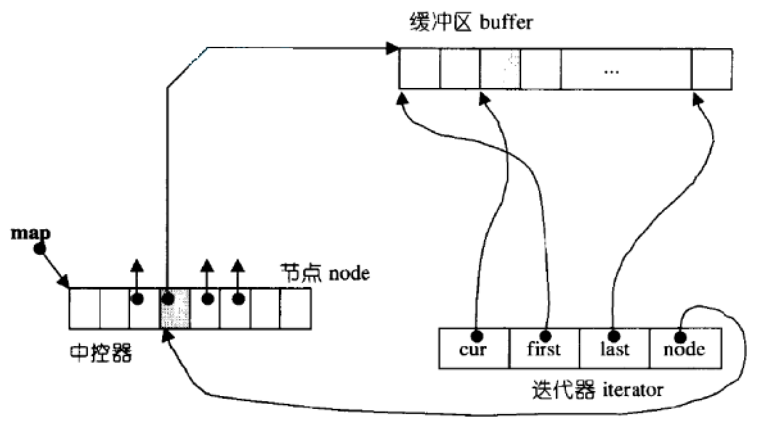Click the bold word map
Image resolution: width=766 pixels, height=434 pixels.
click(31, 232)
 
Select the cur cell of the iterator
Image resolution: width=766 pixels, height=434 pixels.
click(474, 349)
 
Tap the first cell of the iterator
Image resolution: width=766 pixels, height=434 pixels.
click(545, 349)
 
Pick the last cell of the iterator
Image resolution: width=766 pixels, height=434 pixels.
click(614, 349)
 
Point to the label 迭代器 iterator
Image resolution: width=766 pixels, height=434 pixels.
click(597, 389)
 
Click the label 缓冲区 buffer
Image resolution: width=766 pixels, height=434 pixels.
click(470, 24)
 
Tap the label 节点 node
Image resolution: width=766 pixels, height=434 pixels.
click(325, 273)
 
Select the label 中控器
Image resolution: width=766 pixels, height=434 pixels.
click(101, 352)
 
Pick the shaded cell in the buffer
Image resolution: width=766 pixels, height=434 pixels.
click(500, 69)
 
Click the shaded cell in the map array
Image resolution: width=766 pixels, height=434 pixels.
click(175, 308)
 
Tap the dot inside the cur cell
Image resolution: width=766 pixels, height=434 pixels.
click(476, 335)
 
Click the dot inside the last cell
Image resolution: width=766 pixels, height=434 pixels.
click(614, 335)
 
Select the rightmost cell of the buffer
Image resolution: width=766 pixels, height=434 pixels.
click(712, 69)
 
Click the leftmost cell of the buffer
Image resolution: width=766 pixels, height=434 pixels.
click(419, 69)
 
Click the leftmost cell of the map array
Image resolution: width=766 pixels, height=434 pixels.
click(84, 308)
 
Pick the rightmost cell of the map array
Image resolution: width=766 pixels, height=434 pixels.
click(296, 308)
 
